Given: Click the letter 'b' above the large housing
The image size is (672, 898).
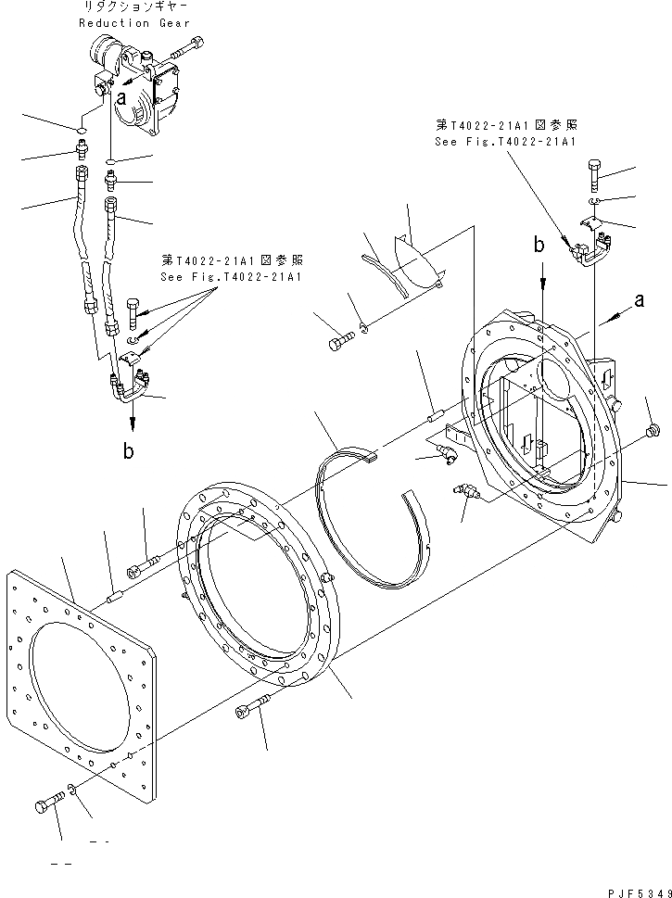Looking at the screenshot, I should (539, 246).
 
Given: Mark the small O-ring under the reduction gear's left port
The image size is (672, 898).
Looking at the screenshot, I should (82, 131).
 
